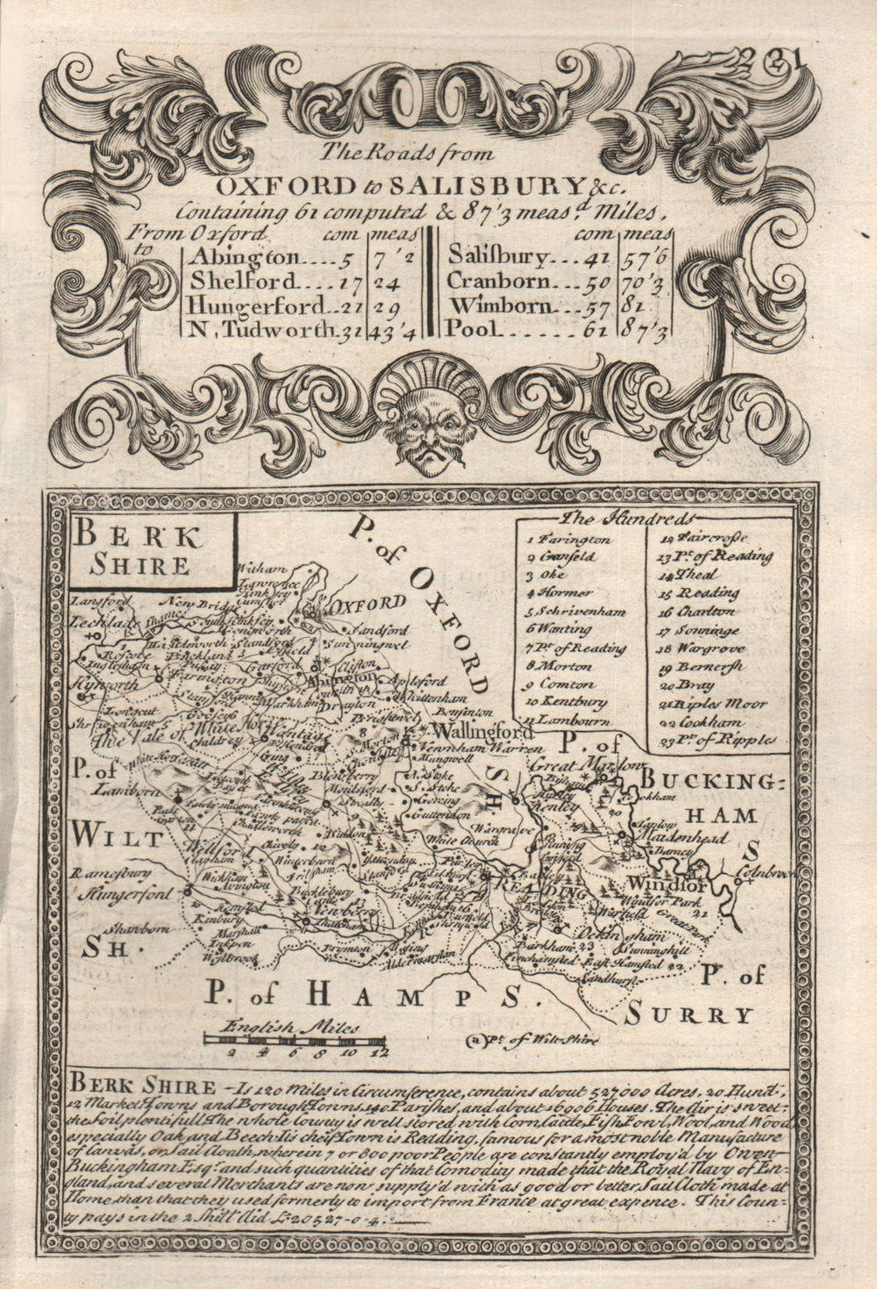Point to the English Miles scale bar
point(295,1040)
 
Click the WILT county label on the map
point(118,836)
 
